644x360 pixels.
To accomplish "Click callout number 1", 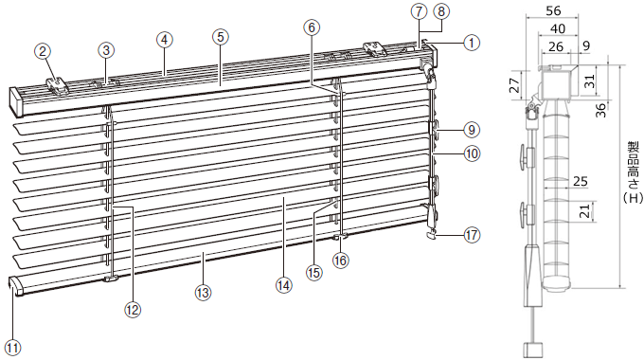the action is pos(472,43).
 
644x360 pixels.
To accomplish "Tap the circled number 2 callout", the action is pos(43,51).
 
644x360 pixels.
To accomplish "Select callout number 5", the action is pos(220,37).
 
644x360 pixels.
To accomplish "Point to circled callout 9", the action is pos(472,130).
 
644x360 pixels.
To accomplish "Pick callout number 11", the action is pos(13,348).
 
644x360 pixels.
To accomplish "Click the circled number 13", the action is pos(203,293).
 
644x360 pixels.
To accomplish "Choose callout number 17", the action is pos(472,235).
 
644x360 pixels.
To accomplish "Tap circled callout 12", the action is pos(133,309).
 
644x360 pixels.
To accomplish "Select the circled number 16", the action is pos(341,261).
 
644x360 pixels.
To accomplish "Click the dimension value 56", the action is pos(553,10).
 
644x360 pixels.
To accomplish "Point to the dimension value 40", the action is pos(557,28).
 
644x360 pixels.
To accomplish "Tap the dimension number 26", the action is pos(556,46).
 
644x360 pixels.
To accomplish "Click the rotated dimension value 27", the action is pos(515,85).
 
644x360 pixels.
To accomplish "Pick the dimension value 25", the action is pos(580,181).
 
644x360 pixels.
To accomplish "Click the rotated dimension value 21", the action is pos(586,211).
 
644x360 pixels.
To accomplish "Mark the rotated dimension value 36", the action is pos(600,110).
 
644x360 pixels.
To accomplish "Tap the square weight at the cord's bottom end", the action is pos(532,350).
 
